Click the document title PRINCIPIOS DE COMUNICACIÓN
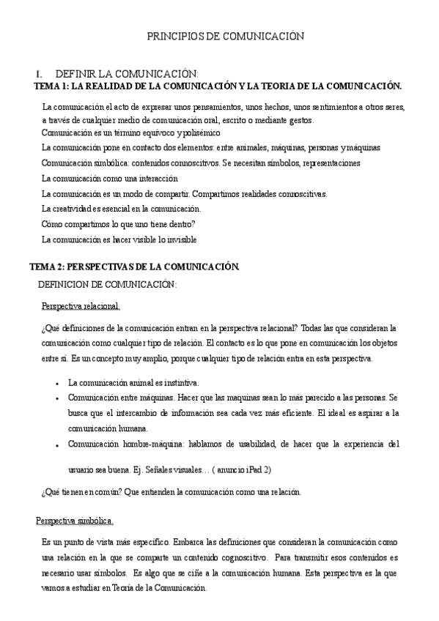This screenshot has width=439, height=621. click(226, 36)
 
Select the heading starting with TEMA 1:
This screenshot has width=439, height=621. click(218, 86)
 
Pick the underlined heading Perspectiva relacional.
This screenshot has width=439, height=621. click(81, 305)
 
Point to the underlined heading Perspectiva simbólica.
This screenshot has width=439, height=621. click(75, 521)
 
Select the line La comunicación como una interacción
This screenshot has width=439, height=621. click(109, 178)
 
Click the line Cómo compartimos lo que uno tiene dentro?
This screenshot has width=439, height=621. click(118, 224)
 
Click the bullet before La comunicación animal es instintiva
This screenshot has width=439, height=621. click(57, 383)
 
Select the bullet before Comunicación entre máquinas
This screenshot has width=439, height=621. click(57, 398)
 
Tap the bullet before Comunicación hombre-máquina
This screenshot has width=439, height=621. click(57, 445)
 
